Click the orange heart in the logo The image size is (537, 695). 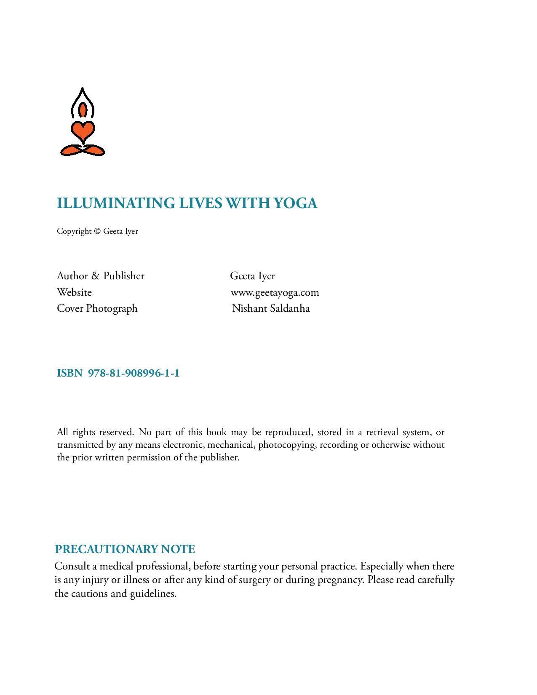(83, 131)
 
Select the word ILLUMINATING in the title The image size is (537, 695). (116, 203)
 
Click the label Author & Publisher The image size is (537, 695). (101, 276)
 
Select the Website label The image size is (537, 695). (74, 292)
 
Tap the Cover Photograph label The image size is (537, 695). (97, 308)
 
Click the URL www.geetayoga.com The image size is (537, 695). (275, 292)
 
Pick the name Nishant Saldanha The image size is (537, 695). (271, 308)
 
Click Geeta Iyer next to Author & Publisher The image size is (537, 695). (252, 276)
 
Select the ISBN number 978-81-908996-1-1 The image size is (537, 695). (134, 373)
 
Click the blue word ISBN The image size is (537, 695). (69, 373)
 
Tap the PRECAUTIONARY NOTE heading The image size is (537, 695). (125, 549)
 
